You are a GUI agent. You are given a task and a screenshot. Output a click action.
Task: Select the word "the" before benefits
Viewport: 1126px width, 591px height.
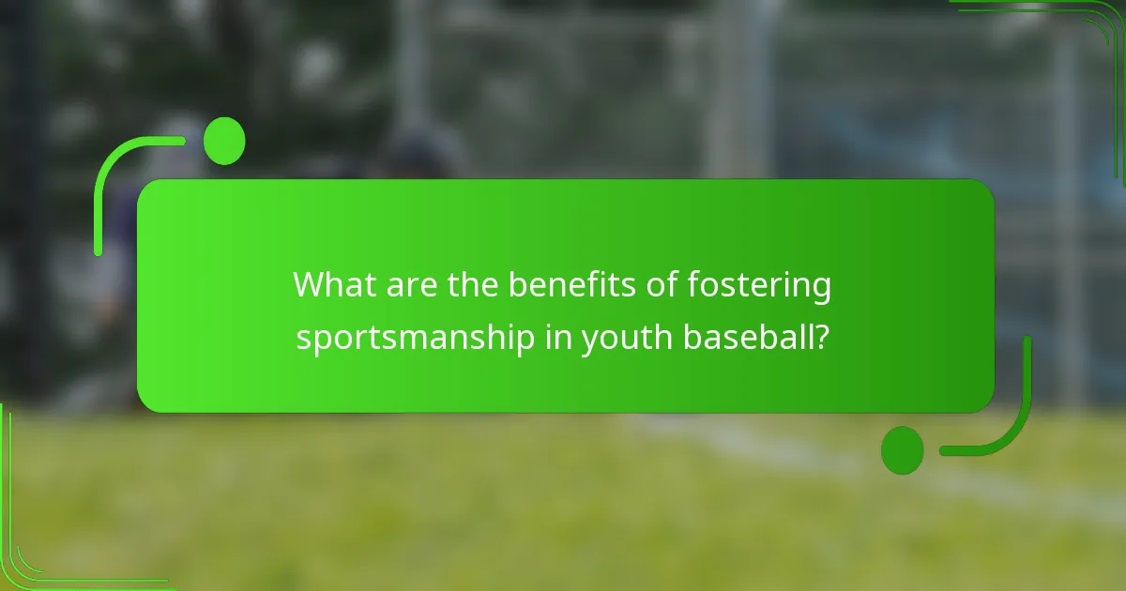point(473,284)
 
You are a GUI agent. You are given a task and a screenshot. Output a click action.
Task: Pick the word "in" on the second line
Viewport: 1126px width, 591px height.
point(557,336)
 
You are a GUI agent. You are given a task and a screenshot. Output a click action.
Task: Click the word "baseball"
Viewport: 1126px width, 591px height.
point(747,336)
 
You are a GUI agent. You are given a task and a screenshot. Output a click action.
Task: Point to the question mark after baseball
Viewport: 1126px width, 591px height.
point(820,336)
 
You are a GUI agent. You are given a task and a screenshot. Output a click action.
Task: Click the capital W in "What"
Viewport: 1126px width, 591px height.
point(311,284)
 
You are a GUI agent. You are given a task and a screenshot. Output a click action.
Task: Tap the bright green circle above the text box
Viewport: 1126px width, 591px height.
point(224,141)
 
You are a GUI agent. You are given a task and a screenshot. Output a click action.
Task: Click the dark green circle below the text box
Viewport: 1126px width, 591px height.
point(902,449)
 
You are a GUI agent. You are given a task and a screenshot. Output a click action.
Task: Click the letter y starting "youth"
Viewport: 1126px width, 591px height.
point(590,340)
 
